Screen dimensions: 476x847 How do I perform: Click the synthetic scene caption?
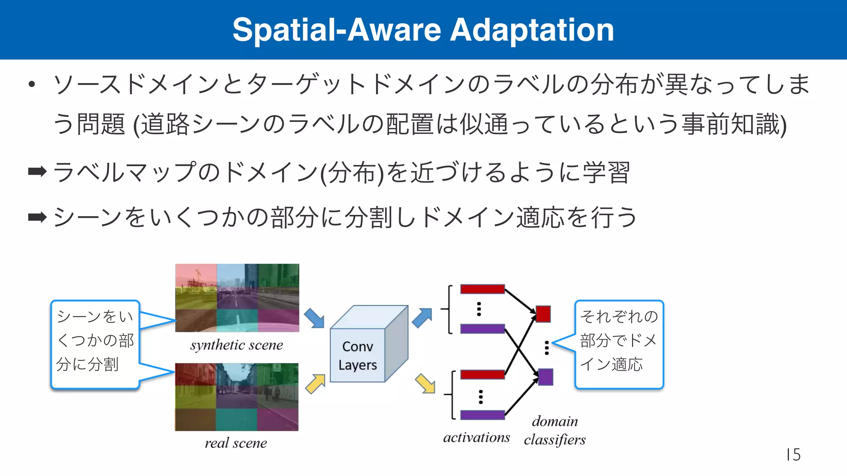[x=237, y=345]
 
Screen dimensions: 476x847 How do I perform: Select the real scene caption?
[x=236, y=443]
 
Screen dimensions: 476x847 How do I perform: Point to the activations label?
[x=476, y=438]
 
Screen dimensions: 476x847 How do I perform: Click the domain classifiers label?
[x=555, y=431]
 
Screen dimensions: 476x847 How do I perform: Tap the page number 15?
[x=793, y=455]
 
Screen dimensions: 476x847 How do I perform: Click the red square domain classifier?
[x=543, y=314]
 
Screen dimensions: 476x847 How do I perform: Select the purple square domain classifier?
[x=546, y=377]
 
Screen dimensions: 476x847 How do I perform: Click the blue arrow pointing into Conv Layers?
[x=314, y=318]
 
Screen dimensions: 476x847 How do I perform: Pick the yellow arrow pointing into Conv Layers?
[x=315, y=384]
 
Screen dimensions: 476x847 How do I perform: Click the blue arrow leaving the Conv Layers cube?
[x=422, y=318]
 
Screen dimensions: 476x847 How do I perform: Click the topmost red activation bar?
[x=482, y=289]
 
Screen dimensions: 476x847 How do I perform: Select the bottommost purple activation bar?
[x=482, y=414]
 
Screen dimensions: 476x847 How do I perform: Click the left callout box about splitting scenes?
[x=95, y=344]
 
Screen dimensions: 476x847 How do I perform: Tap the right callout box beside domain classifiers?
[x=619, y=344]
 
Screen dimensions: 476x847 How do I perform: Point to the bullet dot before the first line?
[x=32, y=85]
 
